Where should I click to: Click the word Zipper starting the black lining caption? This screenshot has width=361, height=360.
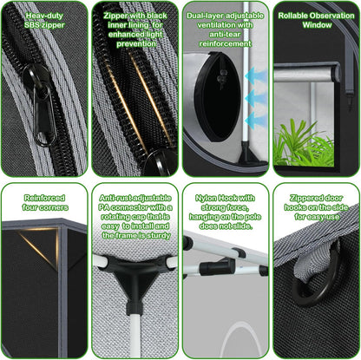coord(120,16)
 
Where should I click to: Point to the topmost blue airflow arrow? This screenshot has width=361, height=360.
coord(256,77)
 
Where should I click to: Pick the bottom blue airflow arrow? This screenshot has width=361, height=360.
coord(256,119)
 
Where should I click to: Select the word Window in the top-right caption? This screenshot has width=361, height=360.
coord(316,25)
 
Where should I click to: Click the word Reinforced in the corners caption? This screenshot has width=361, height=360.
coord(43,198)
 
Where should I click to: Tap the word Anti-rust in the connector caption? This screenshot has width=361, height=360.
coord(115,198)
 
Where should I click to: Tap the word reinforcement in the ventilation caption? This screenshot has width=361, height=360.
coord(224,44)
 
